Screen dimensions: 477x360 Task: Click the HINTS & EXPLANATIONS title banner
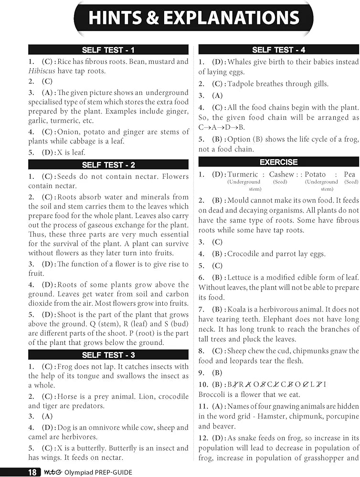(193, 18)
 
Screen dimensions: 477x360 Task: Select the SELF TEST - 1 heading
(108, 50)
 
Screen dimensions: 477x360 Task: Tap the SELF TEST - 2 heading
(108, 165)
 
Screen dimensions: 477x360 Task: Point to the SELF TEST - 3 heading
(108, 354)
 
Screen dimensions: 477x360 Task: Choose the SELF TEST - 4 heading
(279, 50)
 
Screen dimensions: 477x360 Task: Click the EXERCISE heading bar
(279, 162)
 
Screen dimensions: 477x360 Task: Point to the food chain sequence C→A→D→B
(222, 127)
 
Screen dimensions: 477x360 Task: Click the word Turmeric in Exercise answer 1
(243, 175)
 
